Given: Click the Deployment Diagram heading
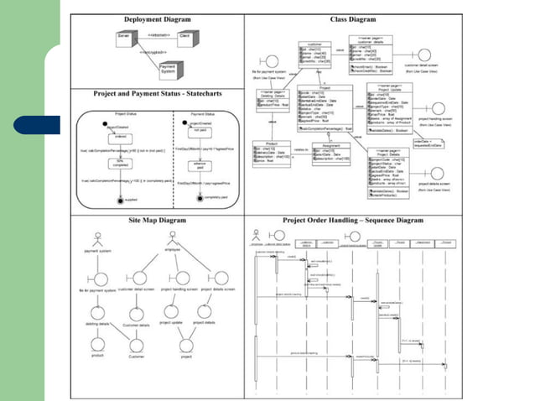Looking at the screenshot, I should pos(157,18).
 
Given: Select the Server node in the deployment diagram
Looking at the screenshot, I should pos(124,39).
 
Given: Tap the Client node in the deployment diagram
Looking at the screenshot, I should pos(184,39).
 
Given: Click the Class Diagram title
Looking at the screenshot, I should pos(353,18).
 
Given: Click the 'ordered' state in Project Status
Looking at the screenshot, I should pos(120,135).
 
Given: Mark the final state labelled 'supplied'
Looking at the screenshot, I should pos(121,199).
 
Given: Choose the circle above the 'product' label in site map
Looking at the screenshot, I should pos(96,343).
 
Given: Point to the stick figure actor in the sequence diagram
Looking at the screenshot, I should pos(257,236).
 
